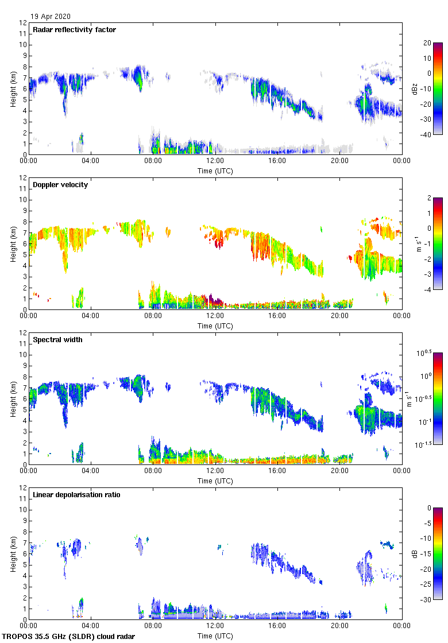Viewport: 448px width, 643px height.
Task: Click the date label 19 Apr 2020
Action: click(x=51, y=17)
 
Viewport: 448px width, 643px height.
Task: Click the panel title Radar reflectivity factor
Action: click(x=75, y=30)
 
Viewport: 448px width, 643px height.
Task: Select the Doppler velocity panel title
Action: click(x=60, y=185)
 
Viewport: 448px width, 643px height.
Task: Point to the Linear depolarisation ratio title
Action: click(x=77, y=495)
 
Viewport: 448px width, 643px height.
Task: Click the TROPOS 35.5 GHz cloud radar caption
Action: click(x=69, y=637)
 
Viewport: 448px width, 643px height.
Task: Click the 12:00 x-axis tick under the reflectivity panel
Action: click(x=215, y=161)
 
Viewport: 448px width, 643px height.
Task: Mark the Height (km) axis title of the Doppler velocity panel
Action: click(x=13, y=243)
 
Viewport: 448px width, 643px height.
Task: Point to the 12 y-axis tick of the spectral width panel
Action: click(x=24, y=333)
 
